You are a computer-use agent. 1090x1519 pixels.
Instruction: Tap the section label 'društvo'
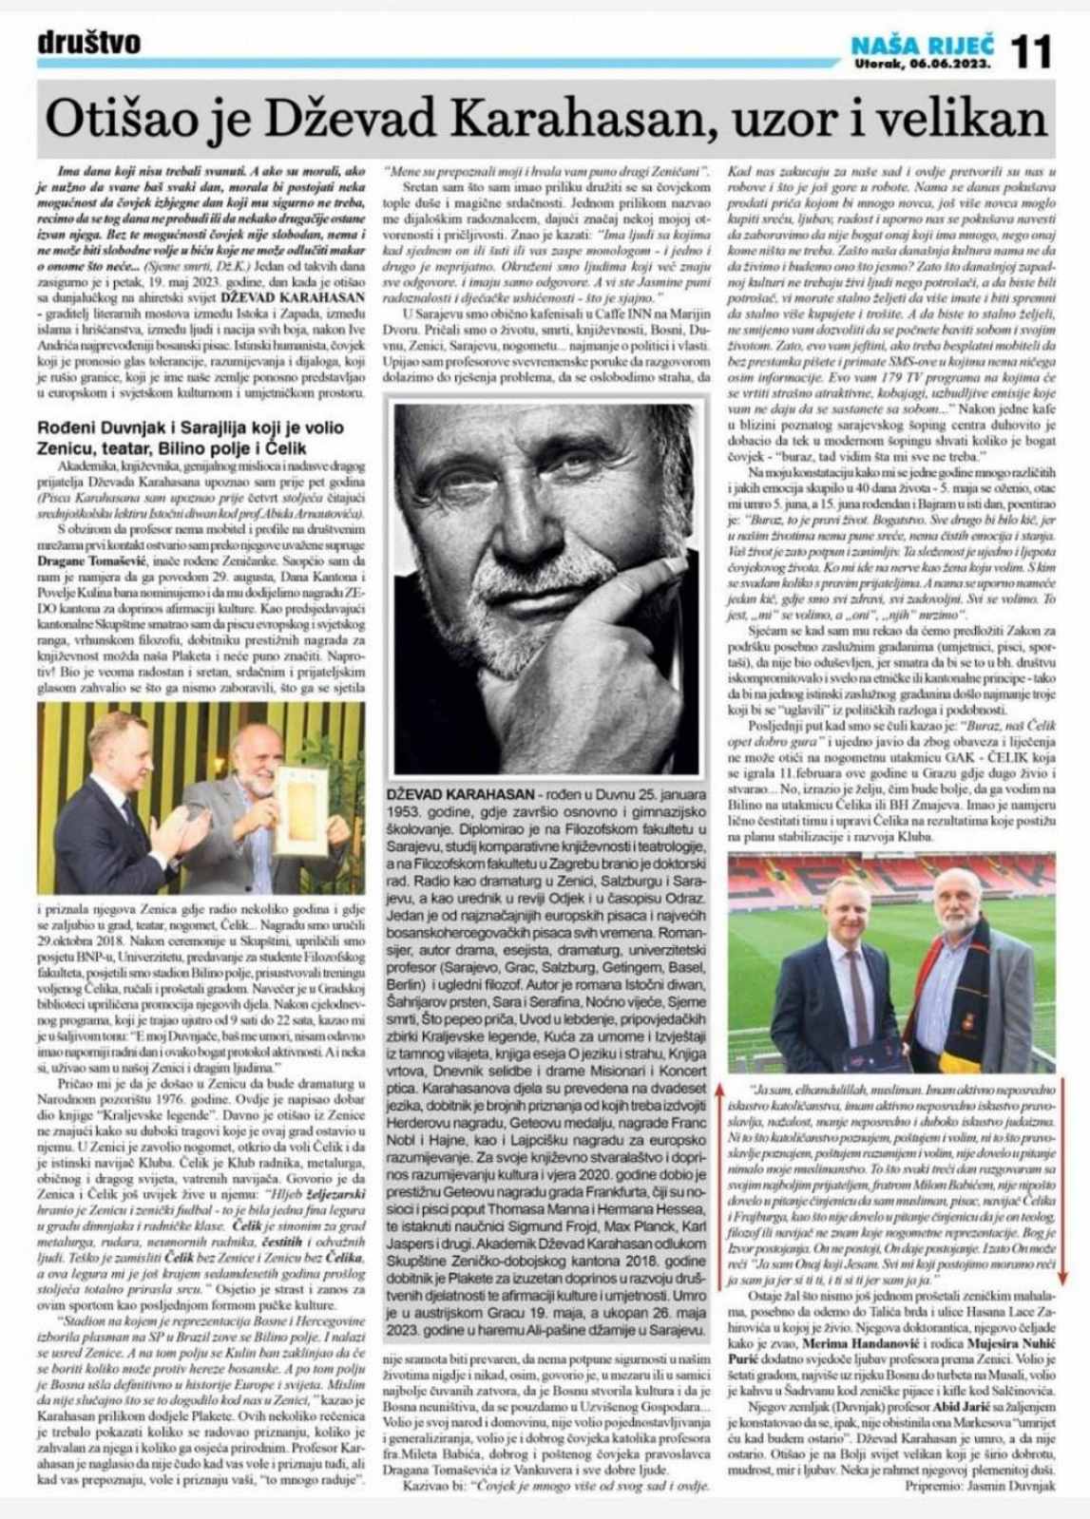click(x=89, y=43)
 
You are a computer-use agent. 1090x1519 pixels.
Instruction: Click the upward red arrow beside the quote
click(x=722, y=1092)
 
